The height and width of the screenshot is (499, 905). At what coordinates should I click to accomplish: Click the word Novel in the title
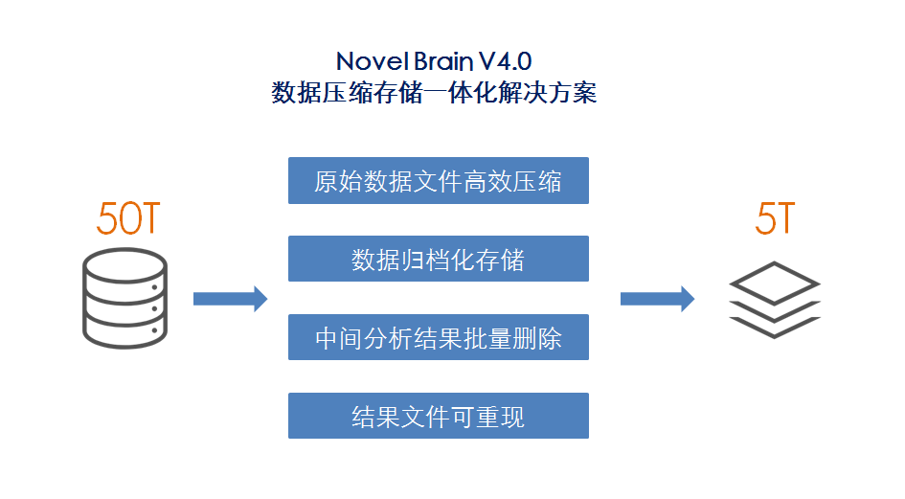367,62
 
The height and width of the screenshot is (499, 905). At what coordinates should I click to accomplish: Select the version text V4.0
506,62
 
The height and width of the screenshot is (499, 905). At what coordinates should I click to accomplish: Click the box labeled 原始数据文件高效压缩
438,181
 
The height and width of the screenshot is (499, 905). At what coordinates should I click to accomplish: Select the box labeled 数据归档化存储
438,260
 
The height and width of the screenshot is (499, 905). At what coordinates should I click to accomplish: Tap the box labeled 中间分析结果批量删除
438,338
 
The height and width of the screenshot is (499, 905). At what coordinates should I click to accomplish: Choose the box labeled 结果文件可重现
438,417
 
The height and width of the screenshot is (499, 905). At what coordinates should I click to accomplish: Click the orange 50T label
127,219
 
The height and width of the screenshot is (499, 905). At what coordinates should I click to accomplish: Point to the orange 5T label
775,219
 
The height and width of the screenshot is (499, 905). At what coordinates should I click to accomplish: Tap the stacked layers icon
775,299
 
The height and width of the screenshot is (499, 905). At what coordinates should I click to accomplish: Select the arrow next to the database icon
230,299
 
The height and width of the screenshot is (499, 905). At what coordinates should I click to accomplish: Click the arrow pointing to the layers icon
657,299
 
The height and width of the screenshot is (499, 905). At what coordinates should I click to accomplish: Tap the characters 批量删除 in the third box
513,338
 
